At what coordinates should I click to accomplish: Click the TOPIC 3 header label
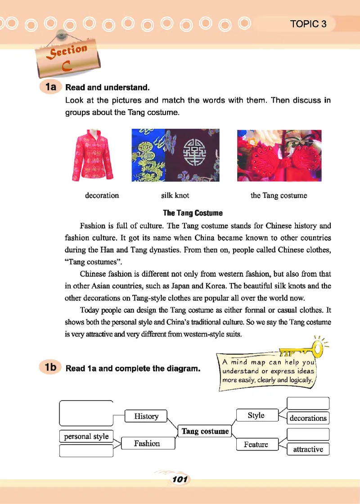tap(308, 24)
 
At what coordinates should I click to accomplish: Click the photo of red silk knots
tap(279, 155)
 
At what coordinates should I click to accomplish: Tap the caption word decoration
tap(102, 195)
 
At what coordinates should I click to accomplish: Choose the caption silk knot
tap(175, 195)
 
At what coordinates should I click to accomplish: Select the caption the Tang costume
tap(279, 195)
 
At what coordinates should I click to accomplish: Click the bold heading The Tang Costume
tap(193, 212)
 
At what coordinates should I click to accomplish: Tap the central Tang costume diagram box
tap(205, 432)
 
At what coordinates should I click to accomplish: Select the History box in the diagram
tap(146, 416)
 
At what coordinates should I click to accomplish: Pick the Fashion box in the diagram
tap(147, 444)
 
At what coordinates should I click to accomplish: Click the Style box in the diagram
tap(256, 415)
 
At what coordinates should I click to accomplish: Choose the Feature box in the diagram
tap(256, 445)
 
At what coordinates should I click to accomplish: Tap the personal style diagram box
tap(86, 436)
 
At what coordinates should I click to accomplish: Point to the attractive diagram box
tap(308, 449)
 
